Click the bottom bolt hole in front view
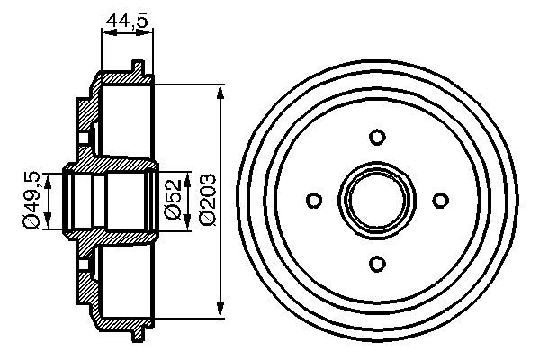[377, 262]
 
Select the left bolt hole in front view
[314, 199]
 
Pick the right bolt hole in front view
[440, 199]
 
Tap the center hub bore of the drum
[377, 199]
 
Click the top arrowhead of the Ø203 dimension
[221, 91]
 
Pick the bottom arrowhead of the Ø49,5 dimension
[49, 224]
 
